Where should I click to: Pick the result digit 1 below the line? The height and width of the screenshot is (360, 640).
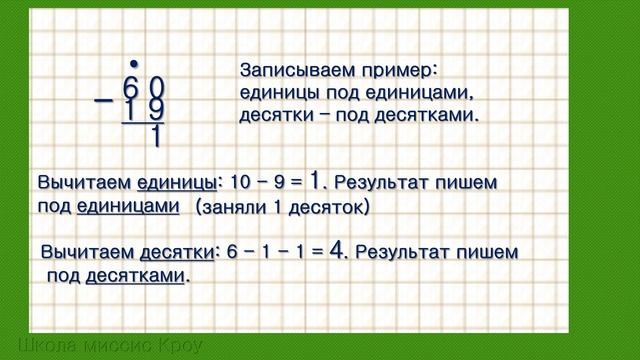[x=156, y=137]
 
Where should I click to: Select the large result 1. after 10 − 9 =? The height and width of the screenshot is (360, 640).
[x=318, y=181]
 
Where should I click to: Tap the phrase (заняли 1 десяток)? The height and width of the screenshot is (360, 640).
[x=283, y=207]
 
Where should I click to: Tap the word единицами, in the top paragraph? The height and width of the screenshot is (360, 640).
[x=412, y=93]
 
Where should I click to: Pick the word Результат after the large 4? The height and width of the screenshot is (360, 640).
[x=404, y=252]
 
